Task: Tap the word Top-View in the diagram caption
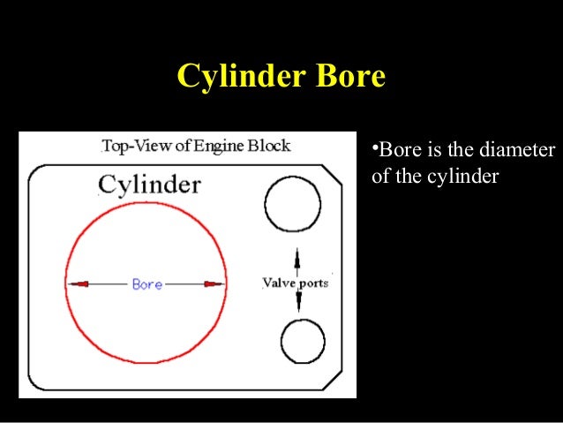click(131, 146)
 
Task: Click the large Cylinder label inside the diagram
click(149, 185)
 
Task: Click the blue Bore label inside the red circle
click(146, 284)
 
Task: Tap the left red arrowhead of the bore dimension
click(79, 284)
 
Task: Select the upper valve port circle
click(291, 203)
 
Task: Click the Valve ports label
click(295, 283)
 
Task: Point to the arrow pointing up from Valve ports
click(297, 261)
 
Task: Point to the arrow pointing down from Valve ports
click(297, 302)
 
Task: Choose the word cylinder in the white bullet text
click(464, 177)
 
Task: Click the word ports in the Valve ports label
click(312, 283)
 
